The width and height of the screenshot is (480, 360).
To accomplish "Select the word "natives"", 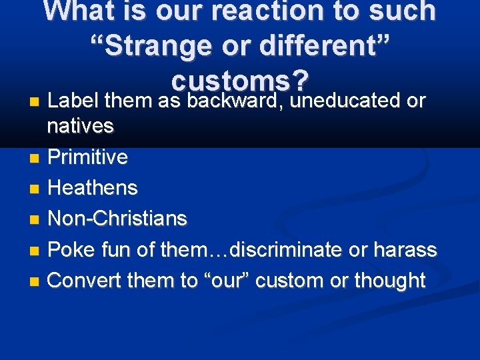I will [81, 125].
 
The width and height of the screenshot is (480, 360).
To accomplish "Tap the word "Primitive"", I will [88, 157].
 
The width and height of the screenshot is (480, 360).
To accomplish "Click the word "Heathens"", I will [93, 188].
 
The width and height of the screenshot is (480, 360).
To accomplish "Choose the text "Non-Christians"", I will [118, 219].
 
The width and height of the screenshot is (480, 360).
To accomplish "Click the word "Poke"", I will [71, 250].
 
